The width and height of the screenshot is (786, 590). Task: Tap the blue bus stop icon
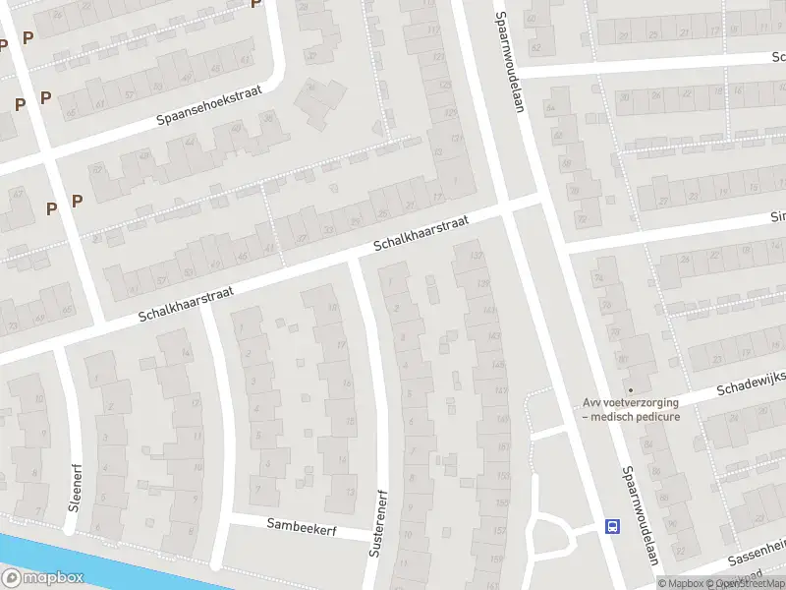point(613,526)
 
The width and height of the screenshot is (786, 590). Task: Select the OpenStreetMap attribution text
point(751,583)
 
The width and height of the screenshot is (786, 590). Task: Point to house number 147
point(500,391)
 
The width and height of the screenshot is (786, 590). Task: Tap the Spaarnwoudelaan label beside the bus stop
point(640,516)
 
